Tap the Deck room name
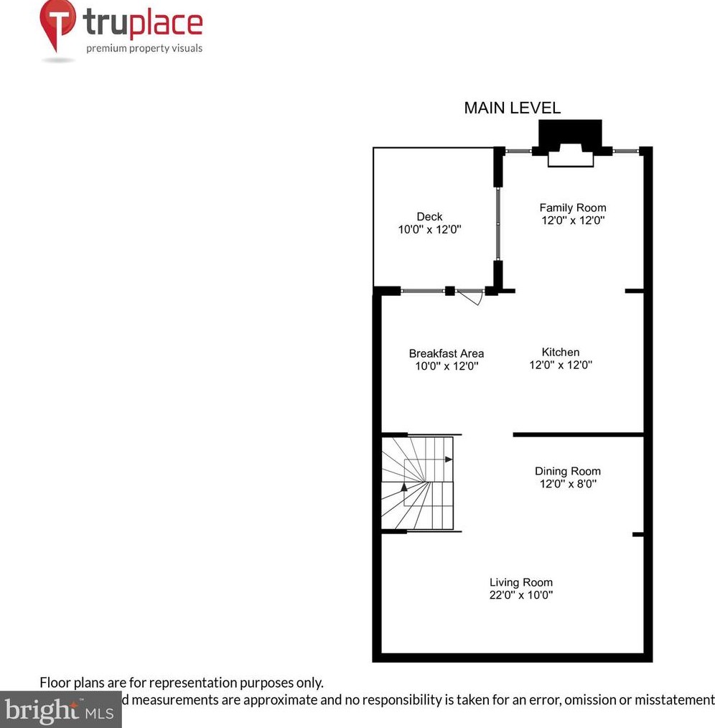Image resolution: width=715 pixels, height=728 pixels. (x=429, y=217)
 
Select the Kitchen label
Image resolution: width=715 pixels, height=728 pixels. (x=560, y=352)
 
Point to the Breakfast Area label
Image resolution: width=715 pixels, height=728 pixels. (x=446, y=353)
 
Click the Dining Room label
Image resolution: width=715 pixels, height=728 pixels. (x=567, y=472)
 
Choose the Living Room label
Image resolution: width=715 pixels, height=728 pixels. (x=521, y=582)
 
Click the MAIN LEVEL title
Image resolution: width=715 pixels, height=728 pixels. (x=512, y=108)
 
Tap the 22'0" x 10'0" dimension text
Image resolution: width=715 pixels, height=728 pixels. (x=521, y=595)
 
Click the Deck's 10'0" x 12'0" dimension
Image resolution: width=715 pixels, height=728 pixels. (x=429, y=230)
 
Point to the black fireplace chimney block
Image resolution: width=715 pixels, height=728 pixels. (x=570, y=135)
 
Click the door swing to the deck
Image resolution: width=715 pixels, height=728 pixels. (x=470, y=297)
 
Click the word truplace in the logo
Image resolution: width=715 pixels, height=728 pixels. (x=143, y=24)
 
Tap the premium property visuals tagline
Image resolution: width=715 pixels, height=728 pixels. (x=144, y=49)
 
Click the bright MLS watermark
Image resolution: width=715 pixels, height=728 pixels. (x=60, y=711)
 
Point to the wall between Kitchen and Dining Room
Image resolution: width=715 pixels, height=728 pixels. (x=578, y=434)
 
